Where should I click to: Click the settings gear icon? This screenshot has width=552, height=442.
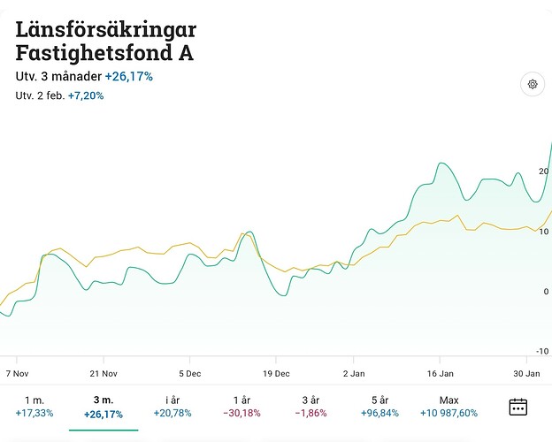tap(533, 85)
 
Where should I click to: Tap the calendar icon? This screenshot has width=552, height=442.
tap(518, 407)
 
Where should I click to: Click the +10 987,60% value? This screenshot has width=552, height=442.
tap(448, 413)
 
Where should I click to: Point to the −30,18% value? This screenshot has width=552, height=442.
tap(241, 413)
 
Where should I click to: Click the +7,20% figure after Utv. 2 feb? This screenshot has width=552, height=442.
tap(86, 95)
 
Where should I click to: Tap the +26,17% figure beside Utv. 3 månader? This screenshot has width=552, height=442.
tap(128, 77)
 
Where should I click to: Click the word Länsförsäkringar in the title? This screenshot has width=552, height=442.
tap(105, 28)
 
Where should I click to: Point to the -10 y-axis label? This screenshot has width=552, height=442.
tap(542, 351)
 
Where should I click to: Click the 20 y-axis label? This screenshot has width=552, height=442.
tap(543, 171)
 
